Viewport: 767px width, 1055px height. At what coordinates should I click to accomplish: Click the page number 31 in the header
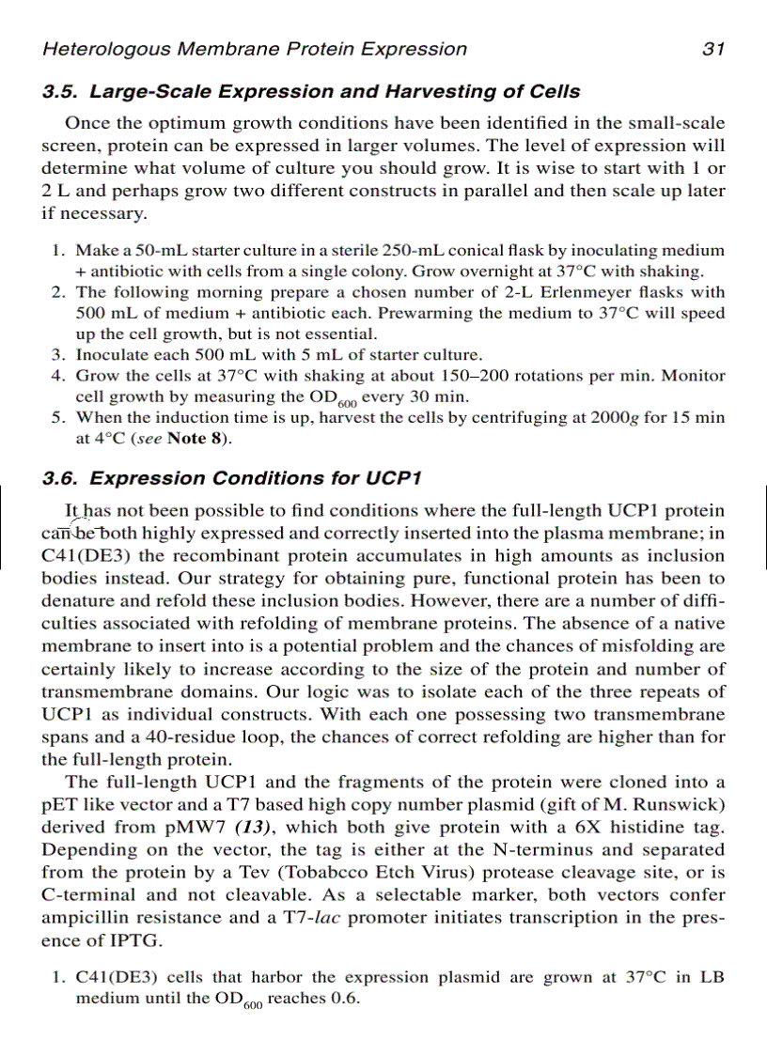(713, 49)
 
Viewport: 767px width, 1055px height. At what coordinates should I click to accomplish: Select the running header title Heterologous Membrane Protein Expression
(255, 49)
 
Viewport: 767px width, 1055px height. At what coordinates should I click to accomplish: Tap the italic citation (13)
(254, 827)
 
